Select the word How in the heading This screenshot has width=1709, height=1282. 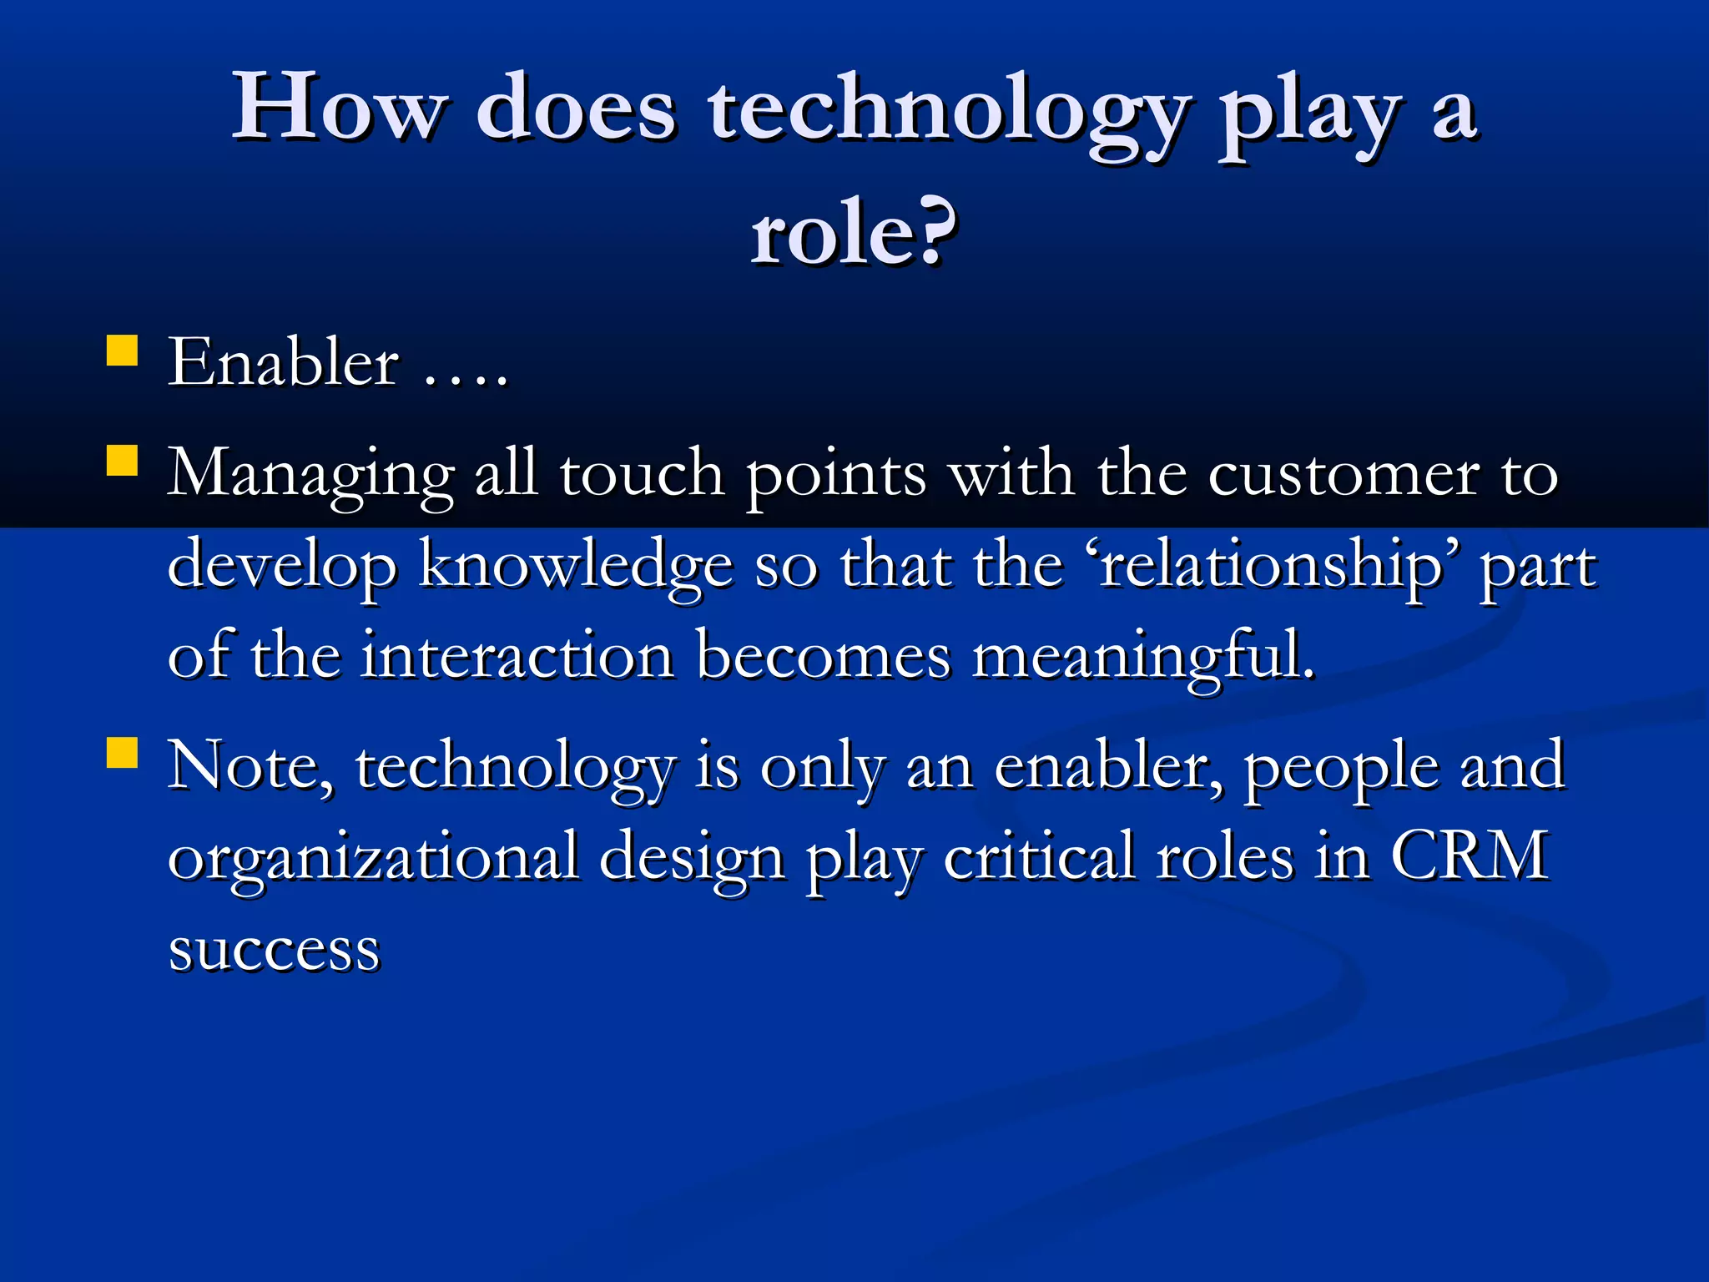[x=337, y=109]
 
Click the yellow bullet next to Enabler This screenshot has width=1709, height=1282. [x=123, y=351]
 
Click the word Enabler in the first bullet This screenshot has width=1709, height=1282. [x=284, y=363]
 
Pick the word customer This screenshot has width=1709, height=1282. [x=1344, y=474]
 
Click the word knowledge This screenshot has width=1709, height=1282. [x=576, y=566]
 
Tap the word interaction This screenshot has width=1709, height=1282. [x=517, y=656]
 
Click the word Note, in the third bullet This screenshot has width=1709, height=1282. [x=250, y=766]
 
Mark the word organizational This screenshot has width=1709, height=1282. [x=373, y=858]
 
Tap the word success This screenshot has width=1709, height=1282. [x=275, y=950]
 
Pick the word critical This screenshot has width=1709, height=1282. [x=1039, y=856]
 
